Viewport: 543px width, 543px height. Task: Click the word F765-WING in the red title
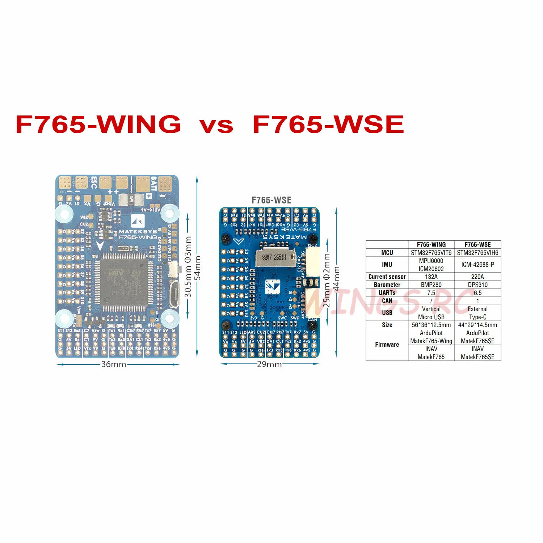98,124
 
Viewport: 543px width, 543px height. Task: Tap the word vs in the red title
216,125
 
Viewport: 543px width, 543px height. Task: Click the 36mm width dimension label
114,364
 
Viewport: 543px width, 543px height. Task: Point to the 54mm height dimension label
197,268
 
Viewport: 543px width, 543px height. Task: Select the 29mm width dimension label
269,364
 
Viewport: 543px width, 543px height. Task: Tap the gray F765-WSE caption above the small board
271,200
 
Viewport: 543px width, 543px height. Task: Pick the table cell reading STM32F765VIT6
431,253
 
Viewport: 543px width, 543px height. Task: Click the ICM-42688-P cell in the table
477,265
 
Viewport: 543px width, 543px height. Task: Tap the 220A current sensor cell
477,277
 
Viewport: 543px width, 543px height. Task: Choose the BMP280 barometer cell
431,285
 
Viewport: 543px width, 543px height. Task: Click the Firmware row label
387,345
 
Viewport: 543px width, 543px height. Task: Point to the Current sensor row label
387,277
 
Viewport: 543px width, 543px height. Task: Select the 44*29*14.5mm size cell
477,325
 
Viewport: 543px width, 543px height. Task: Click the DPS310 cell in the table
477,285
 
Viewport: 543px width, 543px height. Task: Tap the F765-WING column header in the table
431,245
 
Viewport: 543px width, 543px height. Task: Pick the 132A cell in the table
431,277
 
